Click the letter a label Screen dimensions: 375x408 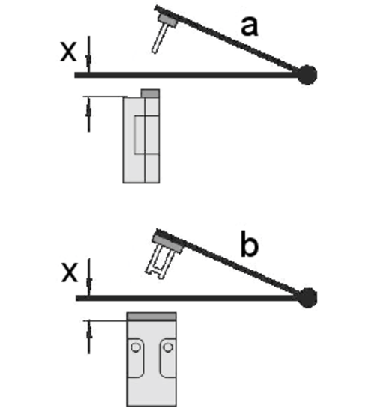pyautogui.click(x=250, y=27)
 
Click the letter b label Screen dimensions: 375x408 pyautogui.click(x=249, y=244)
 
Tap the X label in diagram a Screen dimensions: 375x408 pyautogui.click(x=68, y=52)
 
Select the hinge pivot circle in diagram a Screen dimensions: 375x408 pyautogui.click(x=307, y=75)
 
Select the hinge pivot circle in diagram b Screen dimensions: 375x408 pyautogui.click(x=307, y=298)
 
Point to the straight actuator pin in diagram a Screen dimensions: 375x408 pyautogui.click(x=159, y=39)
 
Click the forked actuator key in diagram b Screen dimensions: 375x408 pyautogui.click(x=157, y=263)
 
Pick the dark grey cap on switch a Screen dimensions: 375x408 pyautogui.click(x=150, y=94)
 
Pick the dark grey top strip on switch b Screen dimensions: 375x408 pyautogui.click(x=151, y=317)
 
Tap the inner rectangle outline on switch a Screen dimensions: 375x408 pyautogui.click(x=147, y=135)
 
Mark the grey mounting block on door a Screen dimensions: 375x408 pyautogui.click(x=168, y=20)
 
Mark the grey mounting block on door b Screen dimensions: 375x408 pyautogui.click(x=168, y=243)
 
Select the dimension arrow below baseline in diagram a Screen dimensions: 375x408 pyautogui.click(x=88, y=115)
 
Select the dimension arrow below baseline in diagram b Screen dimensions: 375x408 pyautogui.click(x=89, y=337)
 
